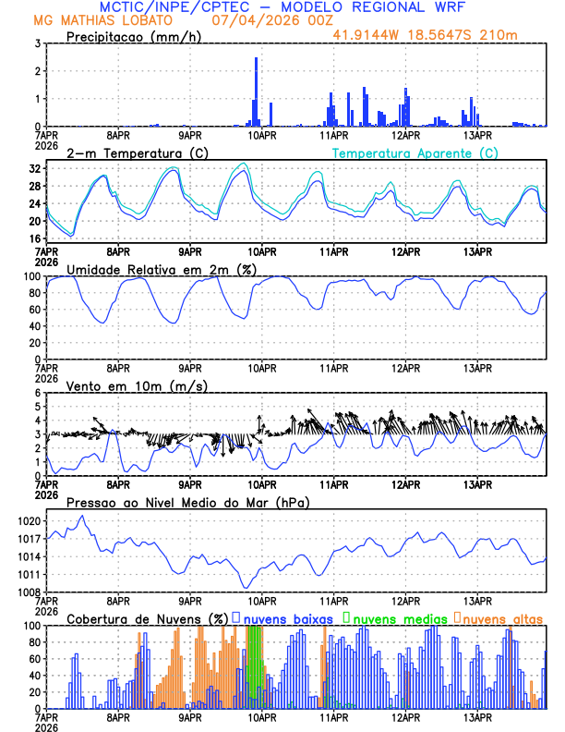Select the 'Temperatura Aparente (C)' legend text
tap(415, 152)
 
